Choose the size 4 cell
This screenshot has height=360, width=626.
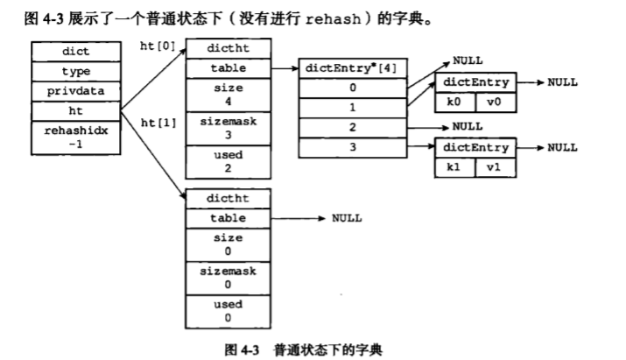point(227,94)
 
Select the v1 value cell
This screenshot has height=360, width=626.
point(493,166)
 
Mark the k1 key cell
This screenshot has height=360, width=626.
point(454,166)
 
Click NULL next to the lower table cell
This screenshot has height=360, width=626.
point(347,218)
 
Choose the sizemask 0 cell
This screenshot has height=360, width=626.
point(227,279)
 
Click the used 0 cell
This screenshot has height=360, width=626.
point(227,311)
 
